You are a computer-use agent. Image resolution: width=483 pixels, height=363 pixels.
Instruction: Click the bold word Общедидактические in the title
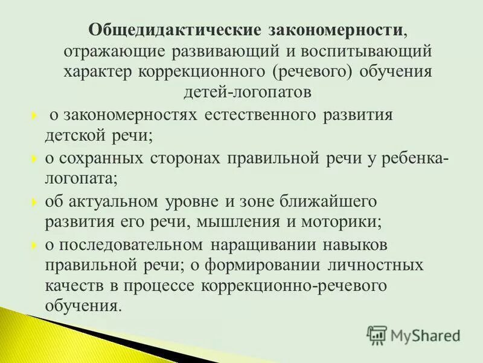click(175, 30)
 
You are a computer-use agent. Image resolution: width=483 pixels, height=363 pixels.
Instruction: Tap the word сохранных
click(101, 158)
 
